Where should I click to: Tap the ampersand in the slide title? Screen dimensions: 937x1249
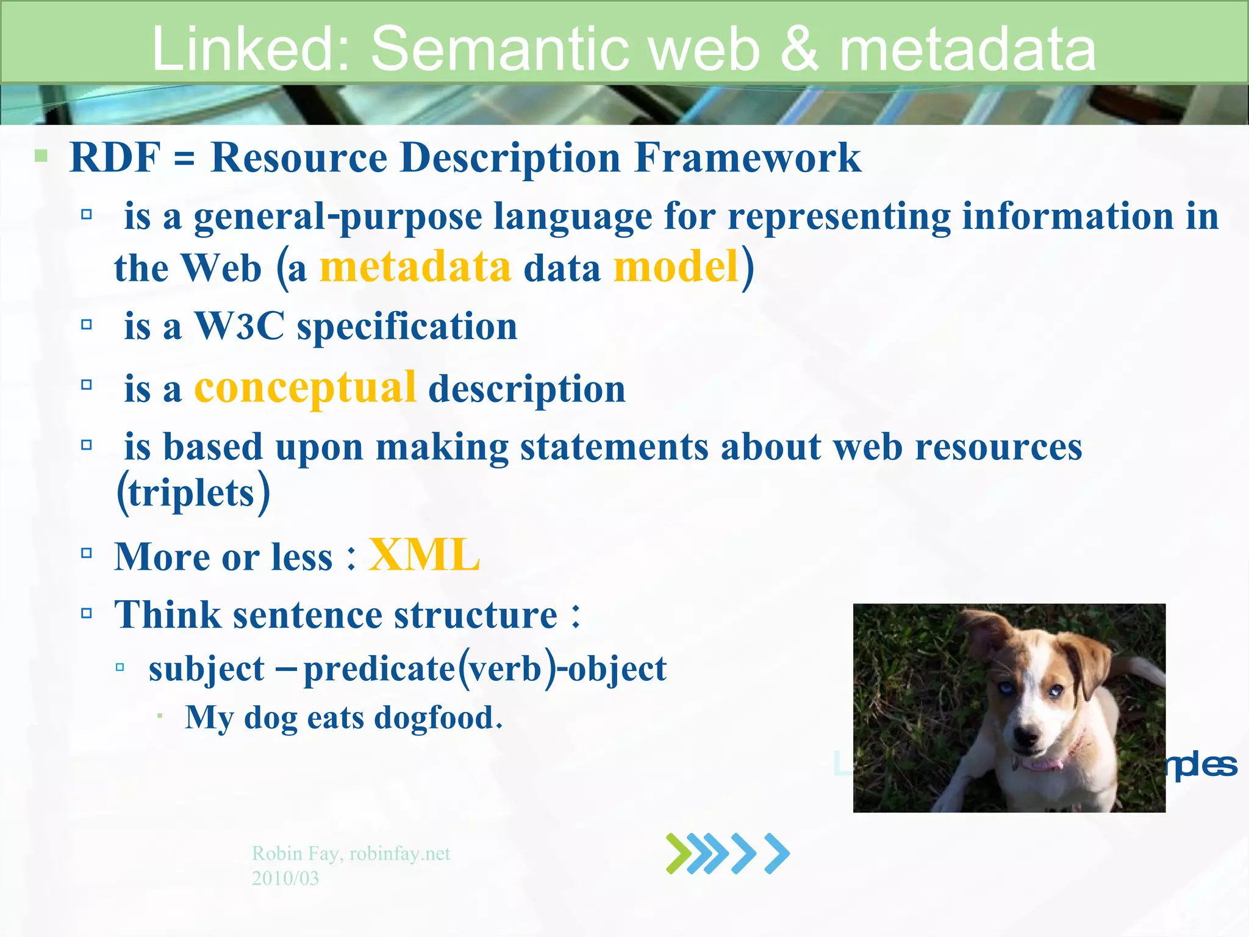(x=799, y=49)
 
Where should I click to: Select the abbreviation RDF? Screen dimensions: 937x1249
(x=115, y=157)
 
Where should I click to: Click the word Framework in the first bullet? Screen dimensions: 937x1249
(x=747, y=157)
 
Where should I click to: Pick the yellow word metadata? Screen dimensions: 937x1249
(x=415, y=267)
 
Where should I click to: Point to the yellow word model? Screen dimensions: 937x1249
(x=676, y=267)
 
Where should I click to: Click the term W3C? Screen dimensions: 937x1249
(x=239, y=326)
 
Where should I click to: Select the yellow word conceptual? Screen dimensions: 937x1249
(x=305, y=388)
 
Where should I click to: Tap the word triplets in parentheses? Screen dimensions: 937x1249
(x=191, y=493)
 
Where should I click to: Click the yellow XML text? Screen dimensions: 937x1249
(x=424, y=556)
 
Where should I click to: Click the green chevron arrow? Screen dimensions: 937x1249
(x=679, y=853)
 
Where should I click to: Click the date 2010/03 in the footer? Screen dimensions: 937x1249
(x=285, y=878)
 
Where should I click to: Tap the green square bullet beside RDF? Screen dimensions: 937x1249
(x=41, y=156)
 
